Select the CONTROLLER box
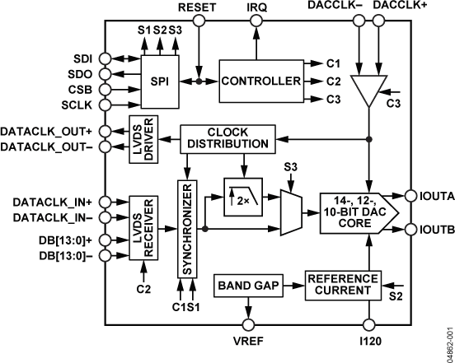click(260, 81)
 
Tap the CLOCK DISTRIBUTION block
click(224, 138)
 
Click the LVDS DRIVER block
click(138, 138)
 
